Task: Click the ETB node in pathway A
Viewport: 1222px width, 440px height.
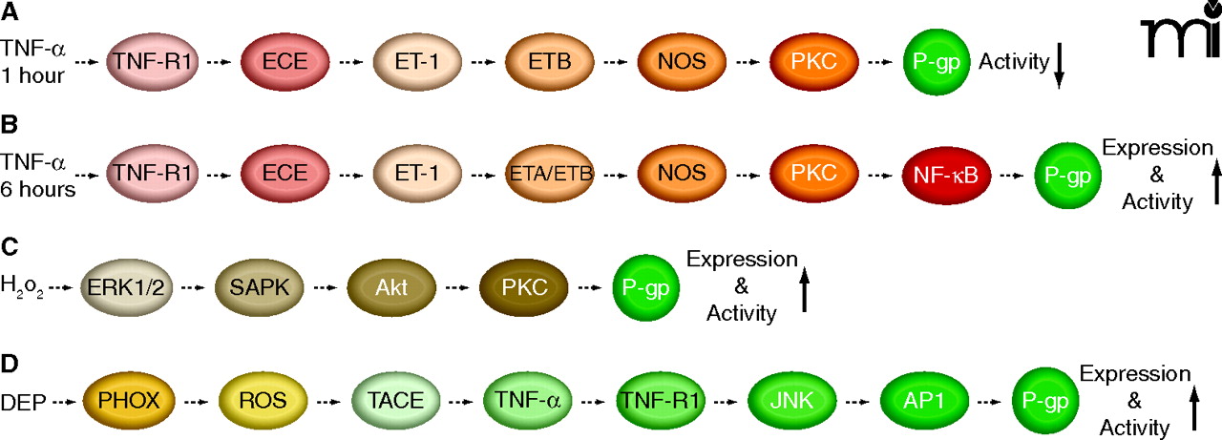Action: point(549,63)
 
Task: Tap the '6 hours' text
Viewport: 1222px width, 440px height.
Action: point(38,188)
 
